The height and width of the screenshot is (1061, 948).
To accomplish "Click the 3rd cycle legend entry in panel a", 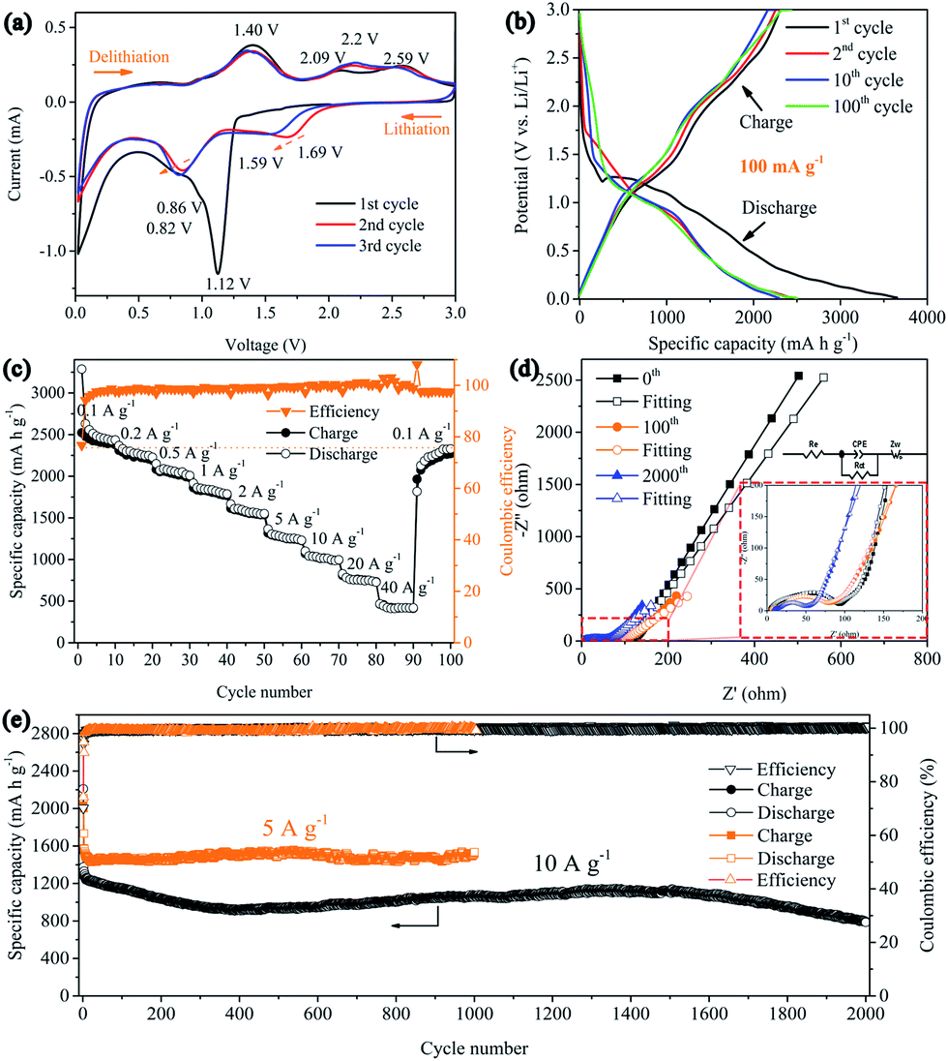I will [x=383, y=246].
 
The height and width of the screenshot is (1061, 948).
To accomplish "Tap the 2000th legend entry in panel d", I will [x=666, y=476].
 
